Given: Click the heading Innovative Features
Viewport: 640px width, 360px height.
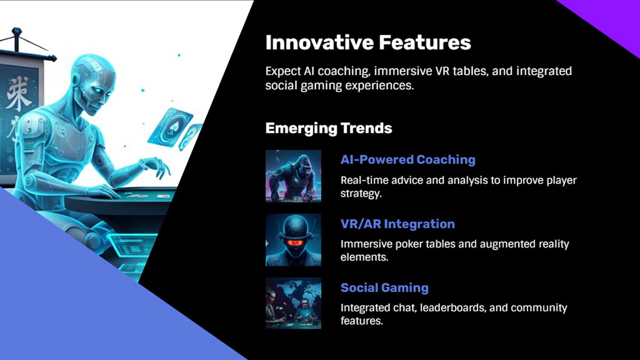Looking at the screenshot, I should click(368, 43).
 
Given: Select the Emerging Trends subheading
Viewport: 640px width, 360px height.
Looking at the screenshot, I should click(329, 129).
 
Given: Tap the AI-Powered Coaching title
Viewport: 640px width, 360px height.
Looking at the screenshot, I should click(407, 159).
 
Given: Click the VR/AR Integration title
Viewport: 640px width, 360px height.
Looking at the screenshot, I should click(397, 224).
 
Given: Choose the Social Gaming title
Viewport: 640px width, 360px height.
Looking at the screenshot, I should click(385, 288).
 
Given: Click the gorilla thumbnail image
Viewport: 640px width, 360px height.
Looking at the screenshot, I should click(293, 176).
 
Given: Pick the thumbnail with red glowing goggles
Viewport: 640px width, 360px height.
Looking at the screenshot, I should click(293, 240).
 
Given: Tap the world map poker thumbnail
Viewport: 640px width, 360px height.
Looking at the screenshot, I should click(293, 303).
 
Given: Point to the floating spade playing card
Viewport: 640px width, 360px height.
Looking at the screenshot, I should click(170, 127).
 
